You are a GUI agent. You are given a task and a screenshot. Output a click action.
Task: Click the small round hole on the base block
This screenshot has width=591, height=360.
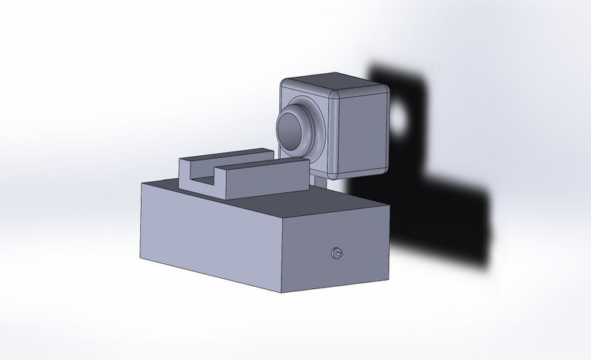(338, 254)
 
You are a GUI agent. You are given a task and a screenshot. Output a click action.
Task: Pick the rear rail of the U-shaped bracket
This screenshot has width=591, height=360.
(222, 154)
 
